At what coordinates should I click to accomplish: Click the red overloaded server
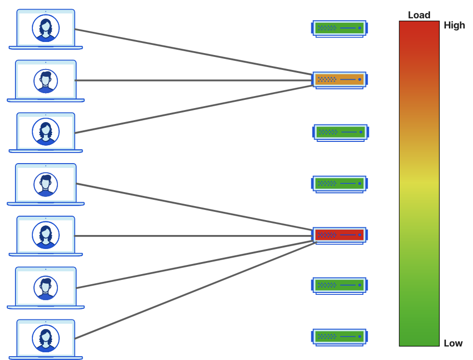[339, 235]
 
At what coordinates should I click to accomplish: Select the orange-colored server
[339, 79]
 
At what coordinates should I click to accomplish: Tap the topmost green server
[339, 28]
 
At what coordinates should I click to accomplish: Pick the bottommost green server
[339, 337]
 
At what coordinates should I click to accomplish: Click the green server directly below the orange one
[340, 132]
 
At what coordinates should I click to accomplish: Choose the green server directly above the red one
[339, 183]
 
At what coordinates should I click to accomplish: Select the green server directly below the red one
[339, 285]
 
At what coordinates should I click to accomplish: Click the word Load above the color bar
[418, 15]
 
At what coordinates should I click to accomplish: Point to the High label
[454, 26]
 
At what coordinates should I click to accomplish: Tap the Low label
[453, 344]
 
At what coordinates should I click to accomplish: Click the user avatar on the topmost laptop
[46, 28]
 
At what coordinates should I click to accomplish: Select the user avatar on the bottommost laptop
[46, 338]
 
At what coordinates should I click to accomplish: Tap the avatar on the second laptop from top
[46, 81]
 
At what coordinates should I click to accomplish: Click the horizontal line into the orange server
[193, 81]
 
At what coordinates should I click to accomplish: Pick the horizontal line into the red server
[193, 236]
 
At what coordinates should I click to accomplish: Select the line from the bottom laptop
[193, 290]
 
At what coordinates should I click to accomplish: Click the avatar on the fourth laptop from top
[46, 184]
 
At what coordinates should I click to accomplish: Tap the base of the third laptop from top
[46, 151]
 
